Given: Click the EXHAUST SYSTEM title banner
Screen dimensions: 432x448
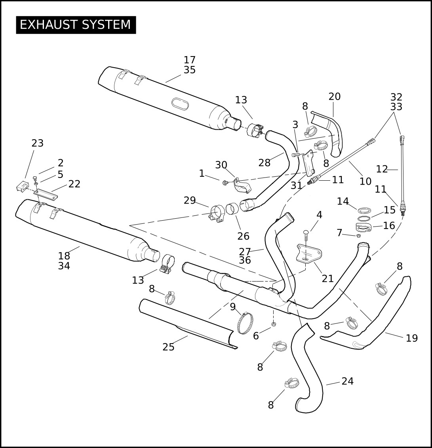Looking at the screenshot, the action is [x=76, y=25].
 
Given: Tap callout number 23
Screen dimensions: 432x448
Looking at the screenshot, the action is [x=38, y=143].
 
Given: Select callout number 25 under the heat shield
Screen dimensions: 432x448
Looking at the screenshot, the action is [x=169, y=347].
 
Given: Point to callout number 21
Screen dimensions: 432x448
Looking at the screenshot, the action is [x=327, y=278].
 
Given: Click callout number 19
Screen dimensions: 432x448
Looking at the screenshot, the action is [x=412, y=338].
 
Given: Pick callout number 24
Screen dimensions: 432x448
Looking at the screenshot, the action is [x=348, y=381].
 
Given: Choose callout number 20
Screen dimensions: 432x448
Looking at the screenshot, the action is [x=335, y=96].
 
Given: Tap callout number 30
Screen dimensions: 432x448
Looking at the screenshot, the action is [x=221, y=165].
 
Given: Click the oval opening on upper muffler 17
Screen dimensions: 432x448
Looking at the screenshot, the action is [x=180, y=104].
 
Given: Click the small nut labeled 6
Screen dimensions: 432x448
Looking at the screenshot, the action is [x=273, y=324].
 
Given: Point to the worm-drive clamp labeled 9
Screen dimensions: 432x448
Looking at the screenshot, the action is [x=245, y=323].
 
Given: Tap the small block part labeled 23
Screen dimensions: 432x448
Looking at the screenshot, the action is [x=22, y=186].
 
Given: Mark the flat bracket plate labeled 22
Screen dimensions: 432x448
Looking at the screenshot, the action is [x=46, y=195].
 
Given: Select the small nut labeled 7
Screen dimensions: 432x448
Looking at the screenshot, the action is [x=358, y=236].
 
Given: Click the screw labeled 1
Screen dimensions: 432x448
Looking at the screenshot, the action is [x=225, y=182].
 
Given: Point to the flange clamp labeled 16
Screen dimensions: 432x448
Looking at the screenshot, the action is [x=363, y=227].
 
